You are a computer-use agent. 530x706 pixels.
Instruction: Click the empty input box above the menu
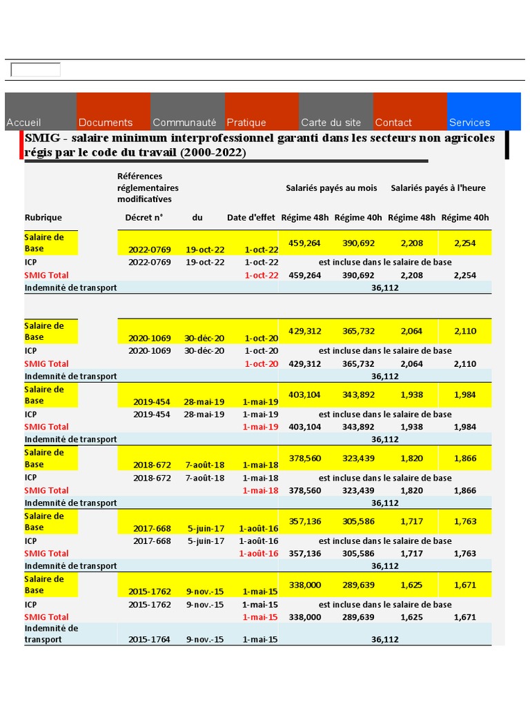coord(35,70)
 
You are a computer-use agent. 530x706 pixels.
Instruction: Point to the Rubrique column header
coord(43,218)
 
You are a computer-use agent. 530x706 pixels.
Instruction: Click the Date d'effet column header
coord(251,218)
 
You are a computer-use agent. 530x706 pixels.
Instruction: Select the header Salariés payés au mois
coord(331,188)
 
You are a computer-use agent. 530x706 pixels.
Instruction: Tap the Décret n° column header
coord(144,218)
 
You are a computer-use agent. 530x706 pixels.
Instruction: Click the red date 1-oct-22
coord(262,275)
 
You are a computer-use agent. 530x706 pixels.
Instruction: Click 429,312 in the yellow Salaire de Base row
coord(305,331)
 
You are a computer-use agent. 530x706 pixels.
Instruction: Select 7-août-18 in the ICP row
coord(205,478)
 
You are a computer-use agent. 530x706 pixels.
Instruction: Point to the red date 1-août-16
coord(259,554)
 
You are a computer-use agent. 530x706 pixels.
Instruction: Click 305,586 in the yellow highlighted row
coord(358,521)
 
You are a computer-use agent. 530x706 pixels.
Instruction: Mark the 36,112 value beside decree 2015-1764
coord(385,640)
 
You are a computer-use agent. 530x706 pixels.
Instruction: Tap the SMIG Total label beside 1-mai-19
coord(47,427)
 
